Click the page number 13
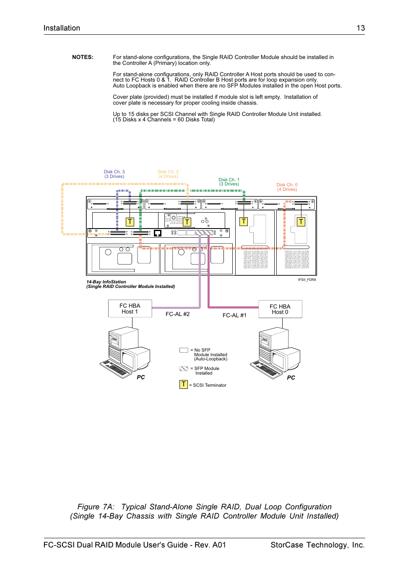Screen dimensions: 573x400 [x=361, y=28]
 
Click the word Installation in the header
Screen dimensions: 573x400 [x=62, y=28]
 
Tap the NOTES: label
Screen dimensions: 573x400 [x=83, y=57]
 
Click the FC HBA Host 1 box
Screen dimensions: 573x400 [x=130, y=308]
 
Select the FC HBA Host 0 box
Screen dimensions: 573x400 [x=280, y=309]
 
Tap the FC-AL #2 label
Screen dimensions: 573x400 [x=177, y=314]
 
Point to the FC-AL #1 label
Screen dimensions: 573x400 [x=234, y=315]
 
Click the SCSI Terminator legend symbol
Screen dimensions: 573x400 [x=184, y=384]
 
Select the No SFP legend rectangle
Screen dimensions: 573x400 [x=184, y=350]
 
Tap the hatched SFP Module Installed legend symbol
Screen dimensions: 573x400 [x=184, y=369]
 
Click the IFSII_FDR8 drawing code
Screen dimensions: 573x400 [x=307, y=280]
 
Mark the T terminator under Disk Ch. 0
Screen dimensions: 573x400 [x=301, y=222]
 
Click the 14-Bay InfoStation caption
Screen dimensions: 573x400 [x=106, y=282]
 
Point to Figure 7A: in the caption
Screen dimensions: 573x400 [x=96, y=507]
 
